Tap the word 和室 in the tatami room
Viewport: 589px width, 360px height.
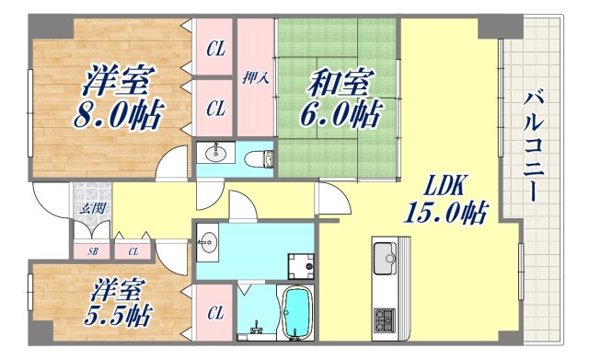(339, 85)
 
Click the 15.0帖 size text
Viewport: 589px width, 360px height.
(444, 215)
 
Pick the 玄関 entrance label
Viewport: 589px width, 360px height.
(90, 208)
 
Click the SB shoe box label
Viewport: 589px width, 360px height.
(92, 250)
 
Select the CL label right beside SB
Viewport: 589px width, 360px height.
(133, 250)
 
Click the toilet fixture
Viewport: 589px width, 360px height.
(262, 158)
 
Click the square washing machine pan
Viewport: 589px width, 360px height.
(299, 265)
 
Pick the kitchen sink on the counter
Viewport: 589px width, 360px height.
(386, 255)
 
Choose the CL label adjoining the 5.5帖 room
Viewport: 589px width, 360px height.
(215, 314)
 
